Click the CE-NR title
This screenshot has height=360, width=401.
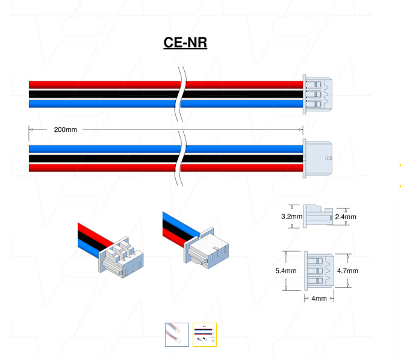(185, 43)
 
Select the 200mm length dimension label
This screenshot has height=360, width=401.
(65, 129)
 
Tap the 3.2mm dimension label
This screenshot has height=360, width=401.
(291, 216)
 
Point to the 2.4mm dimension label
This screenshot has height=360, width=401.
(346, 217)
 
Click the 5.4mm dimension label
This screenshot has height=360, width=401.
(285, 271)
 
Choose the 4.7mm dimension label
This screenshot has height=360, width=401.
(347, 271)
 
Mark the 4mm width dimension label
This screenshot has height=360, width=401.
(319, 299)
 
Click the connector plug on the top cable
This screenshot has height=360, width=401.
(317, 95)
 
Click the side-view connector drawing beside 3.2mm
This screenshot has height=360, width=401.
(318, 215)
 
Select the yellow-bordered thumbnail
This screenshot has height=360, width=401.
(205, 334)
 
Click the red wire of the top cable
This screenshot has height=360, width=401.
(102, 85)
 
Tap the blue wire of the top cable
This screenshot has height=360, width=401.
(102, 104)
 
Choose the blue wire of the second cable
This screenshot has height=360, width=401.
(102, 149)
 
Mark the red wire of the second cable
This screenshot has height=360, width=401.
(102, 167)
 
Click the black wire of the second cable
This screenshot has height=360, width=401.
(102, 158)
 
